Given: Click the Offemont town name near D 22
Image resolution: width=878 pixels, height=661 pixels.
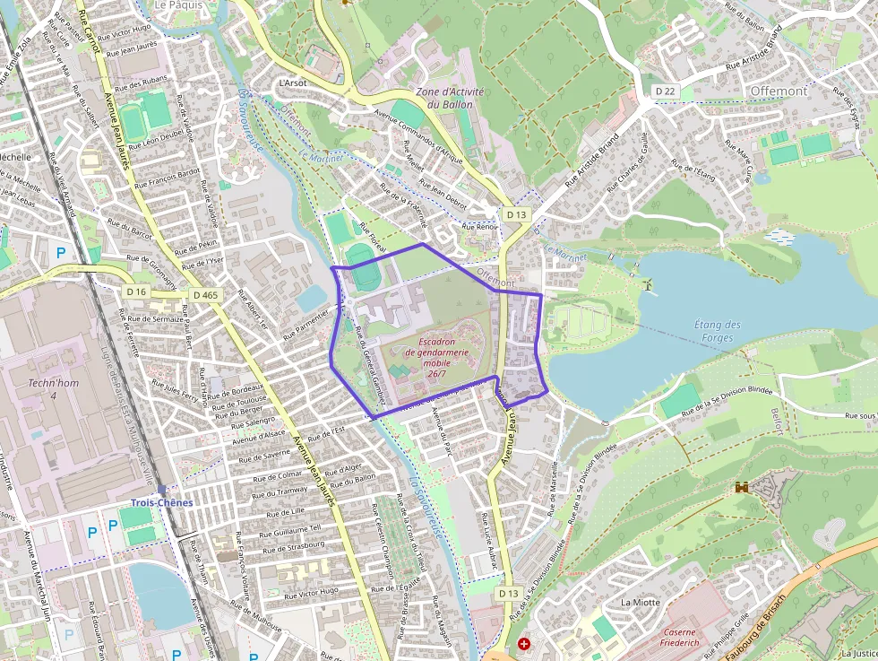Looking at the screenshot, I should point(779,91).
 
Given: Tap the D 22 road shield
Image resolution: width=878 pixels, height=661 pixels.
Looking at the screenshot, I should point(664,91).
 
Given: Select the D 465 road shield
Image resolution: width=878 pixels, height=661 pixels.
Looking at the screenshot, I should point(205,294).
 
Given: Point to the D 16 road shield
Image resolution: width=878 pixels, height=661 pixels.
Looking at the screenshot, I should point(136,292).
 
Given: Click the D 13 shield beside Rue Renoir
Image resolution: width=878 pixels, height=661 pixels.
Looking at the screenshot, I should point(515,214).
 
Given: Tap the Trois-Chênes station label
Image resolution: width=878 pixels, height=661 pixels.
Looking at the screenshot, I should point(161,502).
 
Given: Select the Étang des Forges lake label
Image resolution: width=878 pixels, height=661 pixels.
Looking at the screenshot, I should point(718,331).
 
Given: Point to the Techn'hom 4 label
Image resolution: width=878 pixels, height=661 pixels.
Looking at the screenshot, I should point(41,389).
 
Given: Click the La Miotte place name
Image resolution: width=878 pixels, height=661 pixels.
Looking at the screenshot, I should point(640,602).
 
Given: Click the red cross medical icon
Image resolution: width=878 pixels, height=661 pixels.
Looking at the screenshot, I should point(523,644).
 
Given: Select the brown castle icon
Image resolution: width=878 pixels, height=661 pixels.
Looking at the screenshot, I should point(742,487).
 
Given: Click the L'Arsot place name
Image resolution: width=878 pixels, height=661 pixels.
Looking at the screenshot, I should point(293,83).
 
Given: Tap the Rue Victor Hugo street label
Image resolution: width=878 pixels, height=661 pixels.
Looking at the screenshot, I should point(311,592).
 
